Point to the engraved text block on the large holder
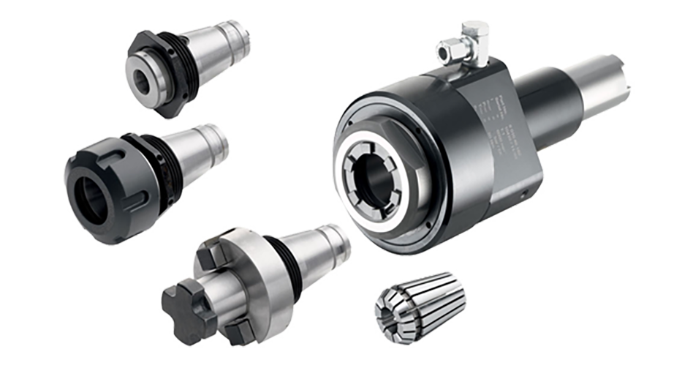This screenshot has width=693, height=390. pos(490,121)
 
